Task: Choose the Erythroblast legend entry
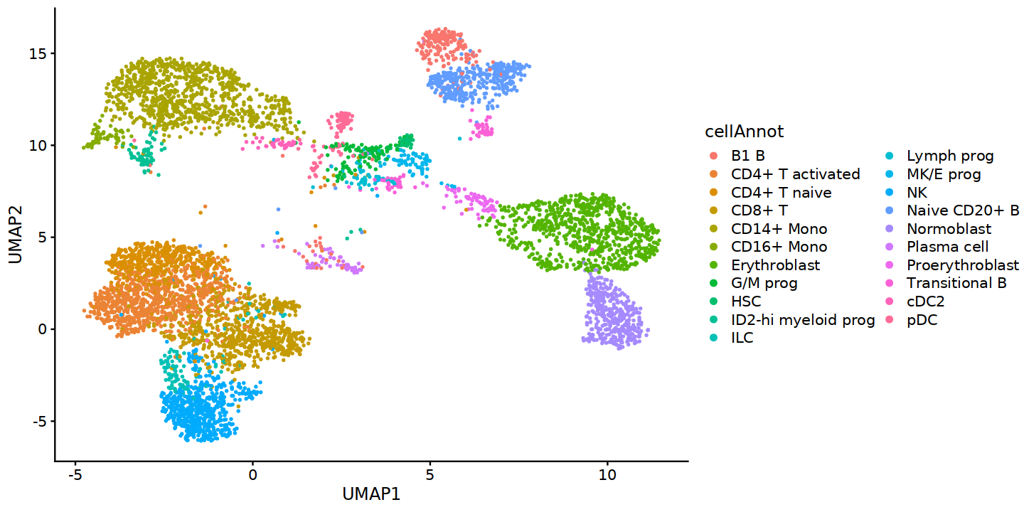click(775, 265)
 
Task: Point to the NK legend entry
click(917, 193)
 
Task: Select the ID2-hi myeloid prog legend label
click(802, 320)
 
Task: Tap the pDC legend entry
click(922, 320)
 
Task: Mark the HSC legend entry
click(745, 302)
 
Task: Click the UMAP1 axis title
click(371, 494)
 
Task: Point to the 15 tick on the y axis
click(37, 54)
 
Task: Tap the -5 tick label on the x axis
click(74, 474)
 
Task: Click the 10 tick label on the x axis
click(607, 474)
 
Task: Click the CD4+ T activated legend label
click(795, 174)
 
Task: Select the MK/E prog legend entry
click(944, 174)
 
